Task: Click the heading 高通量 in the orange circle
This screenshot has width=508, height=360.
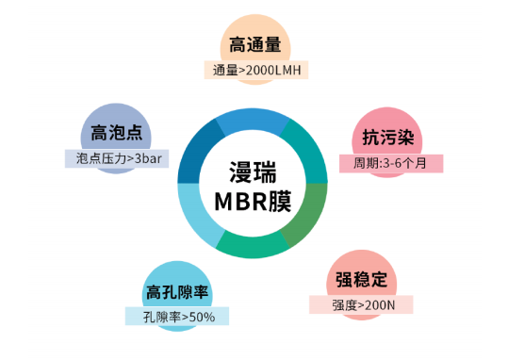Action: [x=255, y=44]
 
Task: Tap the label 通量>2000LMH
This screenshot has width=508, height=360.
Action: [x=255, y=69]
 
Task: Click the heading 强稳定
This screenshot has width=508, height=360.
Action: [x=360, y=280]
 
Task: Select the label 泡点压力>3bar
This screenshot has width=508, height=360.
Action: [x=116, y=157]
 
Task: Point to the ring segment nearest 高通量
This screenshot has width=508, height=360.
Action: [x=251, y=121]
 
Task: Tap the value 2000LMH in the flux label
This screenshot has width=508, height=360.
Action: [x=273, y=69]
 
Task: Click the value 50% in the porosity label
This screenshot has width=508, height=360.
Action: [x=201, y=317]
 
